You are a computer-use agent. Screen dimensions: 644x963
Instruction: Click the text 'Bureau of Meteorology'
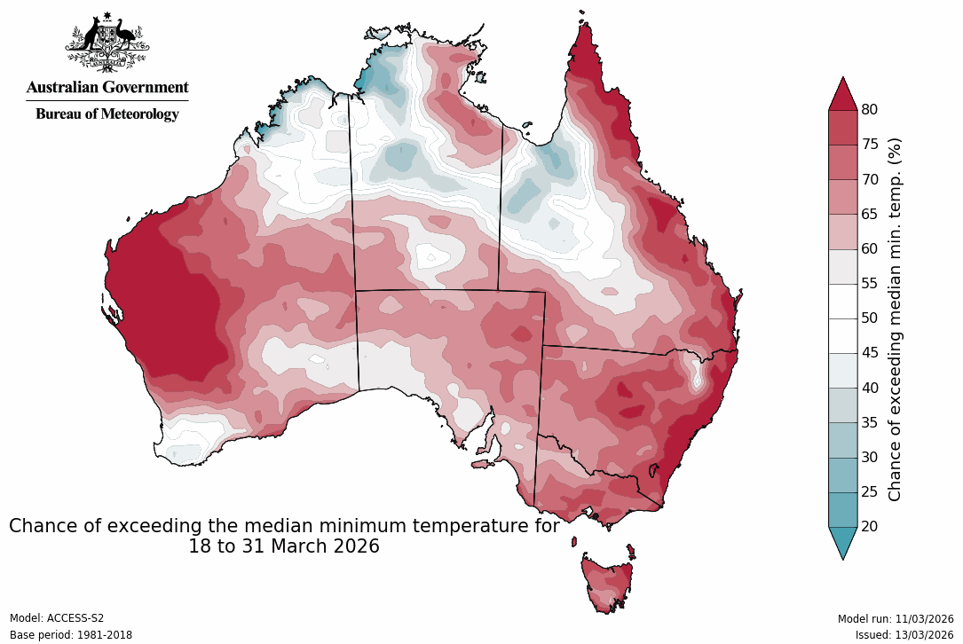pyautogui.click(x=107, y=114)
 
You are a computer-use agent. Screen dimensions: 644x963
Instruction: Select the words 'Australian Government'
pyautogui.click(x=107, y=87)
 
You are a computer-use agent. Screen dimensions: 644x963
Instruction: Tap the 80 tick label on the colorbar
pyautogui.click(x=870, y=109)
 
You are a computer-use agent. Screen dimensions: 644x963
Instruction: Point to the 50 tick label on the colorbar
pyautogui.click(x=870, y=318)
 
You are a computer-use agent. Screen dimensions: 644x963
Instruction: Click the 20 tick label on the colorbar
pyautogui.click(x=870, y=527)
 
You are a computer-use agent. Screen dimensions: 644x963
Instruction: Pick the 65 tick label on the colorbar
pyautogui.click(x=870, y=214)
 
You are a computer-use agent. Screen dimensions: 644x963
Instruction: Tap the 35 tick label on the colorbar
pyautogui.click(x=870, y=422)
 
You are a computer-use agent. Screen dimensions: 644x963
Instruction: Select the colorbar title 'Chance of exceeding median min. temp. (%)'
pyautogui.click(x=895, y=318)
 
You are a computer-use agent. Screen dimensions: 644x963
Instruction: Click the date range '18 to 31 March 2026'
pyautogui.click(x=284, y=546)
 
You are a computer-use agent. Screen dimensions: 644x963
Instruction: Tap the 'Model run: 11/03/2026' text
pyautogui.click(x=896, y=618)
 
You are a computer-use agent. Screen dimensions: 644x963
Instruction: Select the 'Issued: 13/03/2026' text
pyautogui.click(x=904, y=635)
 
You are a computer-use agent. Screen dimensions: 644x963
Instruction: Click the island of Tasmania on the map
pyautogui.click(x=605, y=581)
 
